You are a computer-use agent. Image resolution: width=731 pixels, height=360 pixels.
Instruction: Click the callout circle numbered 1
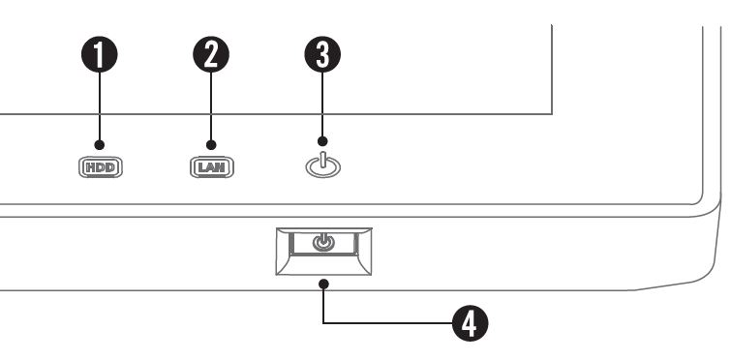(x=100, y=54)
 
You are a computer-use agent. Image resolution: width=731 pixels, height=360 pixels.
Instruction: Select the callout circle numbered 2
(x=211, y=54)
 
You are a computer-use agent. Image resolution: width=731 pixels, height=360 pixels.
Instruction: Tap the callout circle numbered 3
(x=322, y=54)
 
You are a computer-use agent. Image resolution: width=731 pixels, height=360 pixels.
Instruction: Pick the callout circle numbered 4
(x=471, y=323)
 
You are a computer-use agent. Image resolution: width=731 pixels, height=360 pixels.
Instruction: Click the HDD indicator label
(x=101, y=167)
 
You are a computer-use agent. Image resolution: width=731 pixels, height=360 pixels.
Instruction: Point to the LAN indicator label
(x=212, y=167)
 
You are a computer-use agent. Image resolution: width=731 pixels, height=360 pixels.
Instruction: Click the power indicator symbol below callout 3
(x=323, y=165)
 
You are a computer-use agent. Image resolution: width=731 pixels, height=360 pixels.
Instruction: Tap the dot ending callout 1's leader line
(x=100, y=145)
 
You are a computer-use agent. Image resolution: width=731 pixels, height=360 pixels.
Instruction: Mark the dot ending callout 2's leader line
(x=211, y=145)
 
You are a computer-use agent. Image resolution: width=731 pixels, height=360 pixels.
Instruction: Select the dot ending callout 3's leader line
(x=322, y=141)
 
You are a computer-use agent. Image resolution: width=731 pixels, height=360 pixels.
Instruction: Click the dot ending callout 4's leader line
(x=323, y=284)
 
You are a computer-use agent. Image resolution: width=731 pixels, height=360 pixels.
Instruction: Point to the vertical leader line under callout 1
(x=100, y=106)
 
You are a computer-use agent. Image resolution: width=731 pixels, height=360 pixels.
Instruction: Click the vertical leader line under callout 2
(x=211, y=106)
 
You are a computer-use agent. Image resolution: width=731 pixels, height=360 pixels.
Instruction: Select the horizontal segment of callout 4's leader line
(x=388, y=323)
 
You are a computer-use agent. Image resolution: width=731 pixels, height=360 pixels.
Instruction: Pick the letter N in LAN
(x=223, y=167)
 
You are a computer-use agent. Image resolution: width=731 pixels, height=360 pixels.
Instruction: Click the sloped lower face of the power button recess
(x=323, y=264)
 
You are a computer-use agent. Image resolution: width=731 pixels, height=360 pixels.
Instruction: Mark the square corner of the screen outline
(x=552, y=113)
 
